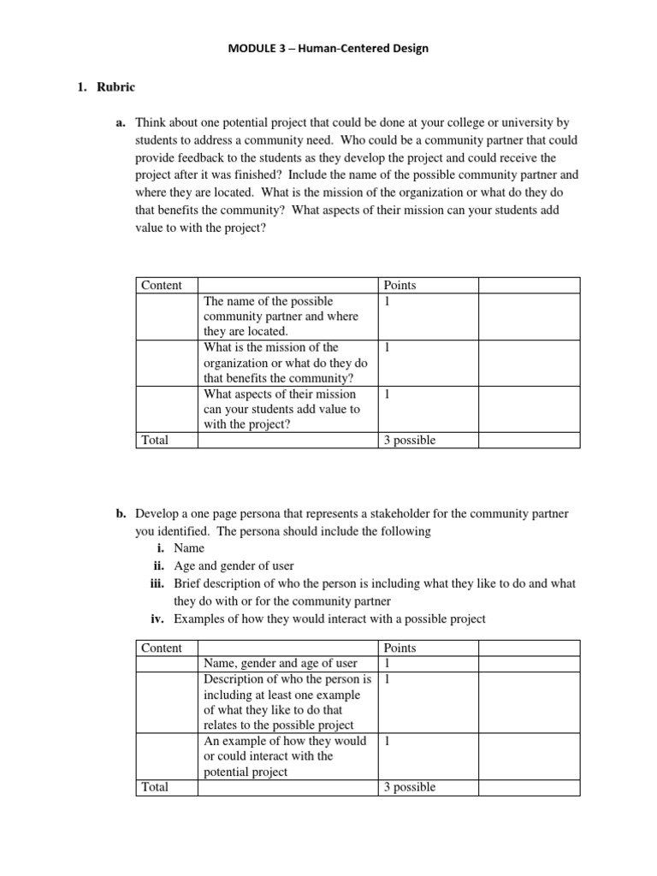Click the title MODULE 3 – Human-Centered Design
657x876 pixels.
(x=328, y=49)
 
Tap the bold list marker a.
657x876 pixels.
(x=121, y=122)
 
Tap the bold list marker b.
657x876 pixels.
(x=121, y=514)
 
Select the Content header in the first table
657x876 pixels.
(x=162, y=286)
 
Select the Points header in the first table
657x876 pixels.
(x=400, y=286)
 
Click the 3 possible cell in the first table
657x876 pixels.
(x=410, y=440)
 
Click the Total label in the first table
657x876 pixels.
(x=155, y=440)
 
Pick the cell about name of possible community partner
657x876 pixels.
(x=280, y=317)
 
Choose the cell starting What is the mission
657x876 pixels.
(x=285, y=363)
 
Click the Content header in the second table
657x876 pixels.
(x=162, y=648)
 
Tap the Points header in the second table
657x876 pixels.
(x=400, y=648)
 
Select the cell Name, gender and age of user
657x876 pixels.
(x=280, y=664)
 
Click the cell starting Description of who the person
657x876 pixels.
(x=286, y=702)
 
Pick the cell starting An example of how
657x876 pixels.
(x=284, y=756)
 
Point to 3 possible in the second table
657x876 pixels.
(x=410, y=787)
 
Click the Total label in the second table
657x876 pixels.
(x=155, y=787)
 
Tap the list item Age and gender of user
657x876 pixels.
(x=234, y=565)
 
